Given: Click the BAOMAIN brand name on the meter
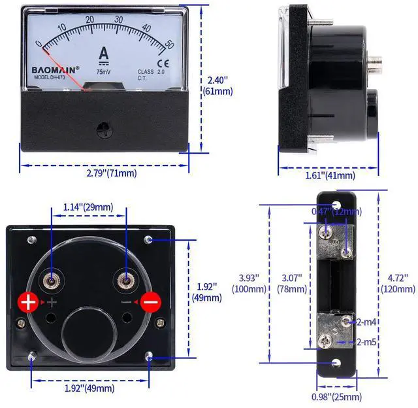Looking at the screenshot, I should click(x=56, y=68).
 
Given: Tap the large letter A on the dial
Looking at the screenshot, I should click(x=103, y=54).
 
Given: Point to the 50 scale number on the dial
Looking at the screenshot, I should click(x=169, y=44).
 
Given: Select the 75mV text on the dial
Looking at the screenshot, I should click(x=103, y=73).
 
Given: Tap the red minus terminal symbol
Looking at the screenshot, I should click(x=151, y=303).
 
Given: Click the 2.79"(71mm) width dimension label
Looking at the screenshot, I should click(x=112, y=173).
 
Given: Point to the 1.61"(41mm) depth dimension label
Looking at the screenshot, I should click(x=330, y=175).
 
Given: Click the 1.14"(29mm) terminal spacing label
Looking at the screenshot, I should click(x=88, y=207).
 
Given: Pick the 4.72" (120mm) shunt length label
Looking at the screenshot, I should click(x=398, y=283).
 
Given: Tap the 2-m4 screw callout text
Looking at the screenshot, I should click(x=366, y=322).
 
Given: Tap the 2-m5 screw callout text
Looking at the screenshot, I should click(x=366, y=341).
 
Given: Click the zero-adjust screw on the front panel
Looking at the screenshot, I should click(x=103, y=128).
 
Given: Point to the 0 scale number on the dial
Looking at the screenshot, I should click(x=39, y=44).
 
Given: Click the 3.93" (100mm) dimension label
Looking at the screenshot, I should click(x=248, y=283).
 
